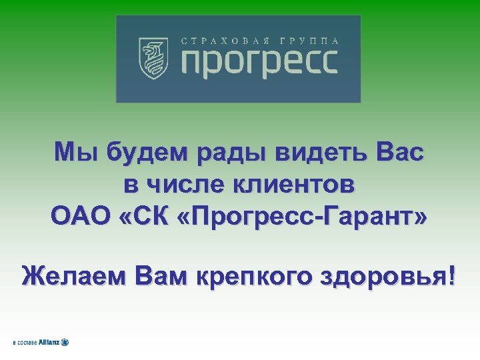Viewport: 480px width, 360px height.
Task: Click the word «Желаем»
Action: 73,275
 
